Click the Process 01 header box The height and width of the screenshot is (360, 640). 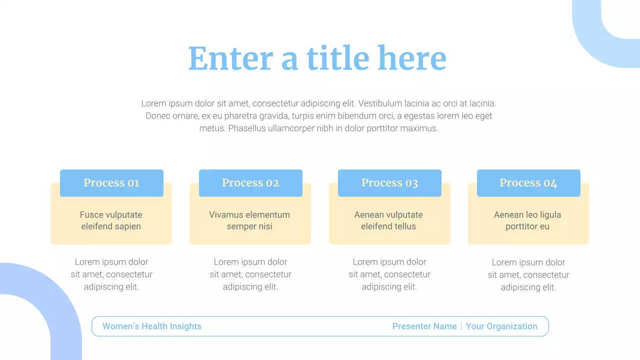coord(111,183)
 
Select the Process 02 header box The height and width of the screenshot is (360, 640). coord(250,183)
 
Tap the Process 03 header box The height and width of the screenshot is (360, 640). coord(389,183)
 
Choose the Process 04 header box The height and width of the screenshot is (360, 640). coord(528,183)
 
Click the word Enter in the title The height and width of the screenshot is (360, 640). coord(230,58)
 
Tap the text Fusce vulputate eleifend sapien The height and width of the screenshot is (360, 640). coord(111,220)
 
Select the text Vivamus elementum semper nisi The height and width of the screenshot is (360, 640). coord(249,220)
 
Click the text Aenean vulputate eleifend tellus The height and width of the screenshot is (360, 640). coord(388,220)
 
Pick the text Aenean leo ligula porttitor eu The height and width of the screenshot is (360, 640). coord(527,220)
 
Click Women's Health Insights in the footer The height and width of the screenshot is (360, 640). coord(152,326)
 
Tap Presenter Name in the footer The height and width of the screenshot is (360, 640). coord(424,326)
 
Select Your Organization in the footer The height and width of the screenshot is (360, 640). coord(501,326)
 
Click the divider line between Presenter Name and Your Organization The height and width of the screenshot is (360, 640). coord(461,326)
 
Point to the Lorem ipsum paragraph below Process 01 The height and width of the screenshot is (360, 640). coord(111,274)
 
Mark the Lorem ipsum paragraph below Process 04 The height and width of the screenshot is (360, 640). coord(528,275)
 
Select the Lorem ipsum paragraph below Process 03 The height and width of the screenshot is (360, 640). coord(389,274)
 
